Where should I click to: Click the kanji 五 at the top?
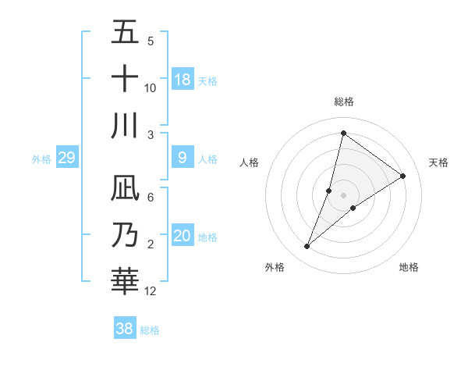pyautogui.click(x=125, y=34)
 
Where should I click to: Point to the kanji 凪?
pyautogui.click(x=125, y=188)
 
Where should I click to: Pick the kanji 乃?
pyautogui.click(x=125, y=235)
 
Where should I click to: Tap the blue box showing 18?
pyautogui.click(x=183, y=80)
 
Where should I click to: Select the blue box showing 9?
pyautogui.click(x=183, y=159)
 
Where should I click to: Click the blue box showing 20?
pyautogui.click(x=183, y=237)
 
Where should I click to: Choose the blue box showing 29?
pyautogui.click(x=66, y=159)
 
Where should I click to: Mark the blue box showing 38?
pyautogui.click(x=125, y=329)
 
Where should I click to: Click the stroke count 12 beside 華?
pyautogui.click(x=151, y=291)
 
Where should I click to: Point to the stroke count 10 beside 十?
pyautogui.click(x=151, y=87)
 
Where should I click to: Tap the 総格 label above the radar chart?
pyautogui.click(x=343, y=102)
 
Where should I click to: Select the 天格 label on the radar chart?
pyautogui.click(x=438, y=162)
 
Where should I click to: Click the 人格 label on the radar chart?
pyautogui.click(x=249, y=162)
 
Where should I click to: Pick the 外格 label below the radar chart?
pyautogui.click(x=275, y=267)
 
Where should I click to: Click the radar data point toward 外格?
pyautogui.click(x=307, y=247)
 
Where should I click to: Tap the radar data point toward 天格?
pyautogui.click(x=403, y=176)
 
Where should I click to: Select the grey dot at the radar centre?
pyautogui.click(x=343, y=195)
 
